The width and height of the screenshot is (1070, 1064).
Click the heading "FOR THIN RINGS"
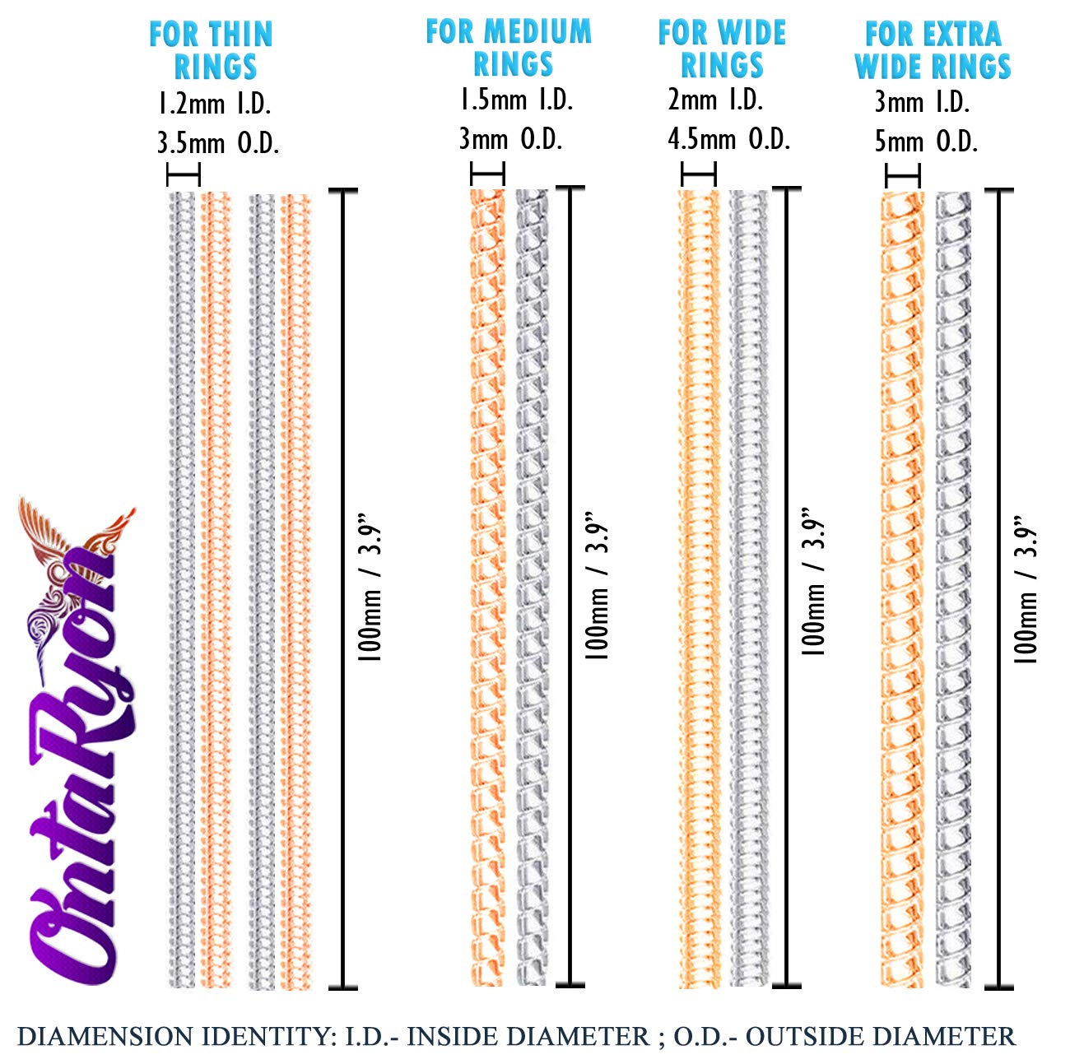click(x=212, y=50)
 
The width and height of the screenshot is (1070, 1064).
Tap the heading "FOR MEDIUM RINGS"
click(x=509, y=48)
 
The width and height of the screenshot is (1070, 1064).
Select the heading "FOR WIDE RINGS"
click(x=722, y=49)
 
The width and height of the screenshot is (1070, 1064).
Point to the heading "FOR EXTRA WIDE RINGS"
click(x=933, y=50)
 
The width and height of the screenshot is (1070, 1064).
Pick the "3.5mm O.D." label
click(x=218, y=143)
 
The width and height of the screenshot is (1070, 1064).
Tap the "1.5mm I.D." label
click(x=515, y=100)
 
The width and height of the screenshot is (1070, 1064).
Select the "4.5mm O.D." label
click(x=728, y=139)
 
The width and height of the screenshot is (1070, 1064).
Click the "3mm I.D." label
click(x=922, y=102)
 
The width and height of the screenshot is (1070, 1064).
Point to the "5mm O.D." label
click(x=926, y=142)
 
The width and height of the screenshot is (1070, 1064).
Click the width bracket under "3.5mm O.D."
click(x=184, y=174)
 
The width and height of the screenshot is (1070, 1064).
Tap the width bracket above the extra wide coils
click(x=903, y=175)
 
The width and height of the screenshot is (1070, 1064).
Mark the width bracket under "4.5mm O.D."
click(x=699, y=174)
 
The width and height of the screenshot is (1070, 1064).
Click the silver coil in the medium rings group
click(x=532, y=588)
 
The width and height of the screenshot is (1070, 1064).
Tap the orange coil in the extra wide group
click(x=902, y=588)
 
